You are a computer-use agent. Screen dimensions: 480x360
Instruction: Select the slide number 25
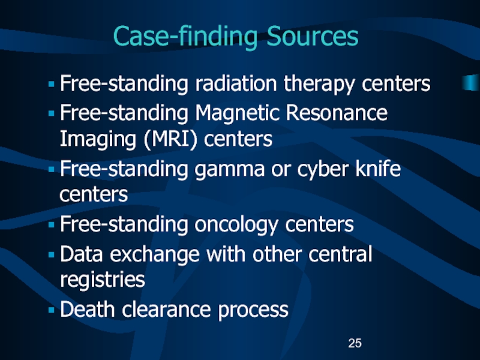[x=355, y=343]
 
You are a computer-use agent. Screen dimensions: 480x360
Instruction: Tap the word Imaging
[x=93, y=139]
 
